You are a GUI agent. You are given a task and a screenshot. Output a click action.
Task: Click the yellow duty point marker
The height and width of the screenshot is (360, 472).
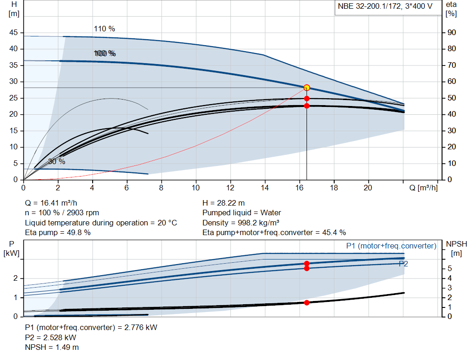pos(307,88)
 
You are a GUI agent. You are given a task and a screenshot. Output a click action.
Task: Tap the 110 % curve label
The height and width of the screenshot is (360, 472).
pos(105,29)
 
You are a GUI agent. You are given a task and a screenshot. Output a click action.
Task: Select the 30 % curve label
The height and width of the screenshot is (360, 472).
pos(57,162)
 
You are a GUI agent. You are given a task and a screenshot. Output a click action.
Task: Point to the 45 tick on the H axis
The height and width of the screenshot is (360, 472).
pos(13,33)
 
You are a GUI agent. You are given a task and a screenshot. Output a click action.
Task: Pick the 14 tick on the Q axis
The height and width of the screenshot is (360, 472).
pos(265,188)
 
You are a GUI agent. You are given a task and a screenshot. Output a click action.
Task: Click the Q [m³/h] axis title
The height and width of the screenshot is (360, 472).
pos(423,188)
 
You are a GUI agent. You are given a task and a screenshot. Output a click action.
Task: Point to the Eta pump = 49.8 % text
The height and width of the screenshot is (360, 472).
pos(58,233)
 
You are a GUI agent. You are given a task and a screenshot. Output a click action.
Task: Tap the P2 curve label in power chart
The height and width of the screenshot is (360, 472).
pos(403,264)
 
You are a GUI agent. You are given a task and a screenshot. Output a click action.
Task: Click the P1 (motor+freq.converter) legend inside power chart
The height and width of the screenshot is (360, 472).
pos(391,246)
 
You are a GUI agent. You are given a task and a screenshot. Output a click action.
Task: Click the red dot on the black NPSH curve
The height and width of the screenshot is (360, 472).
pos(307,302)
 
